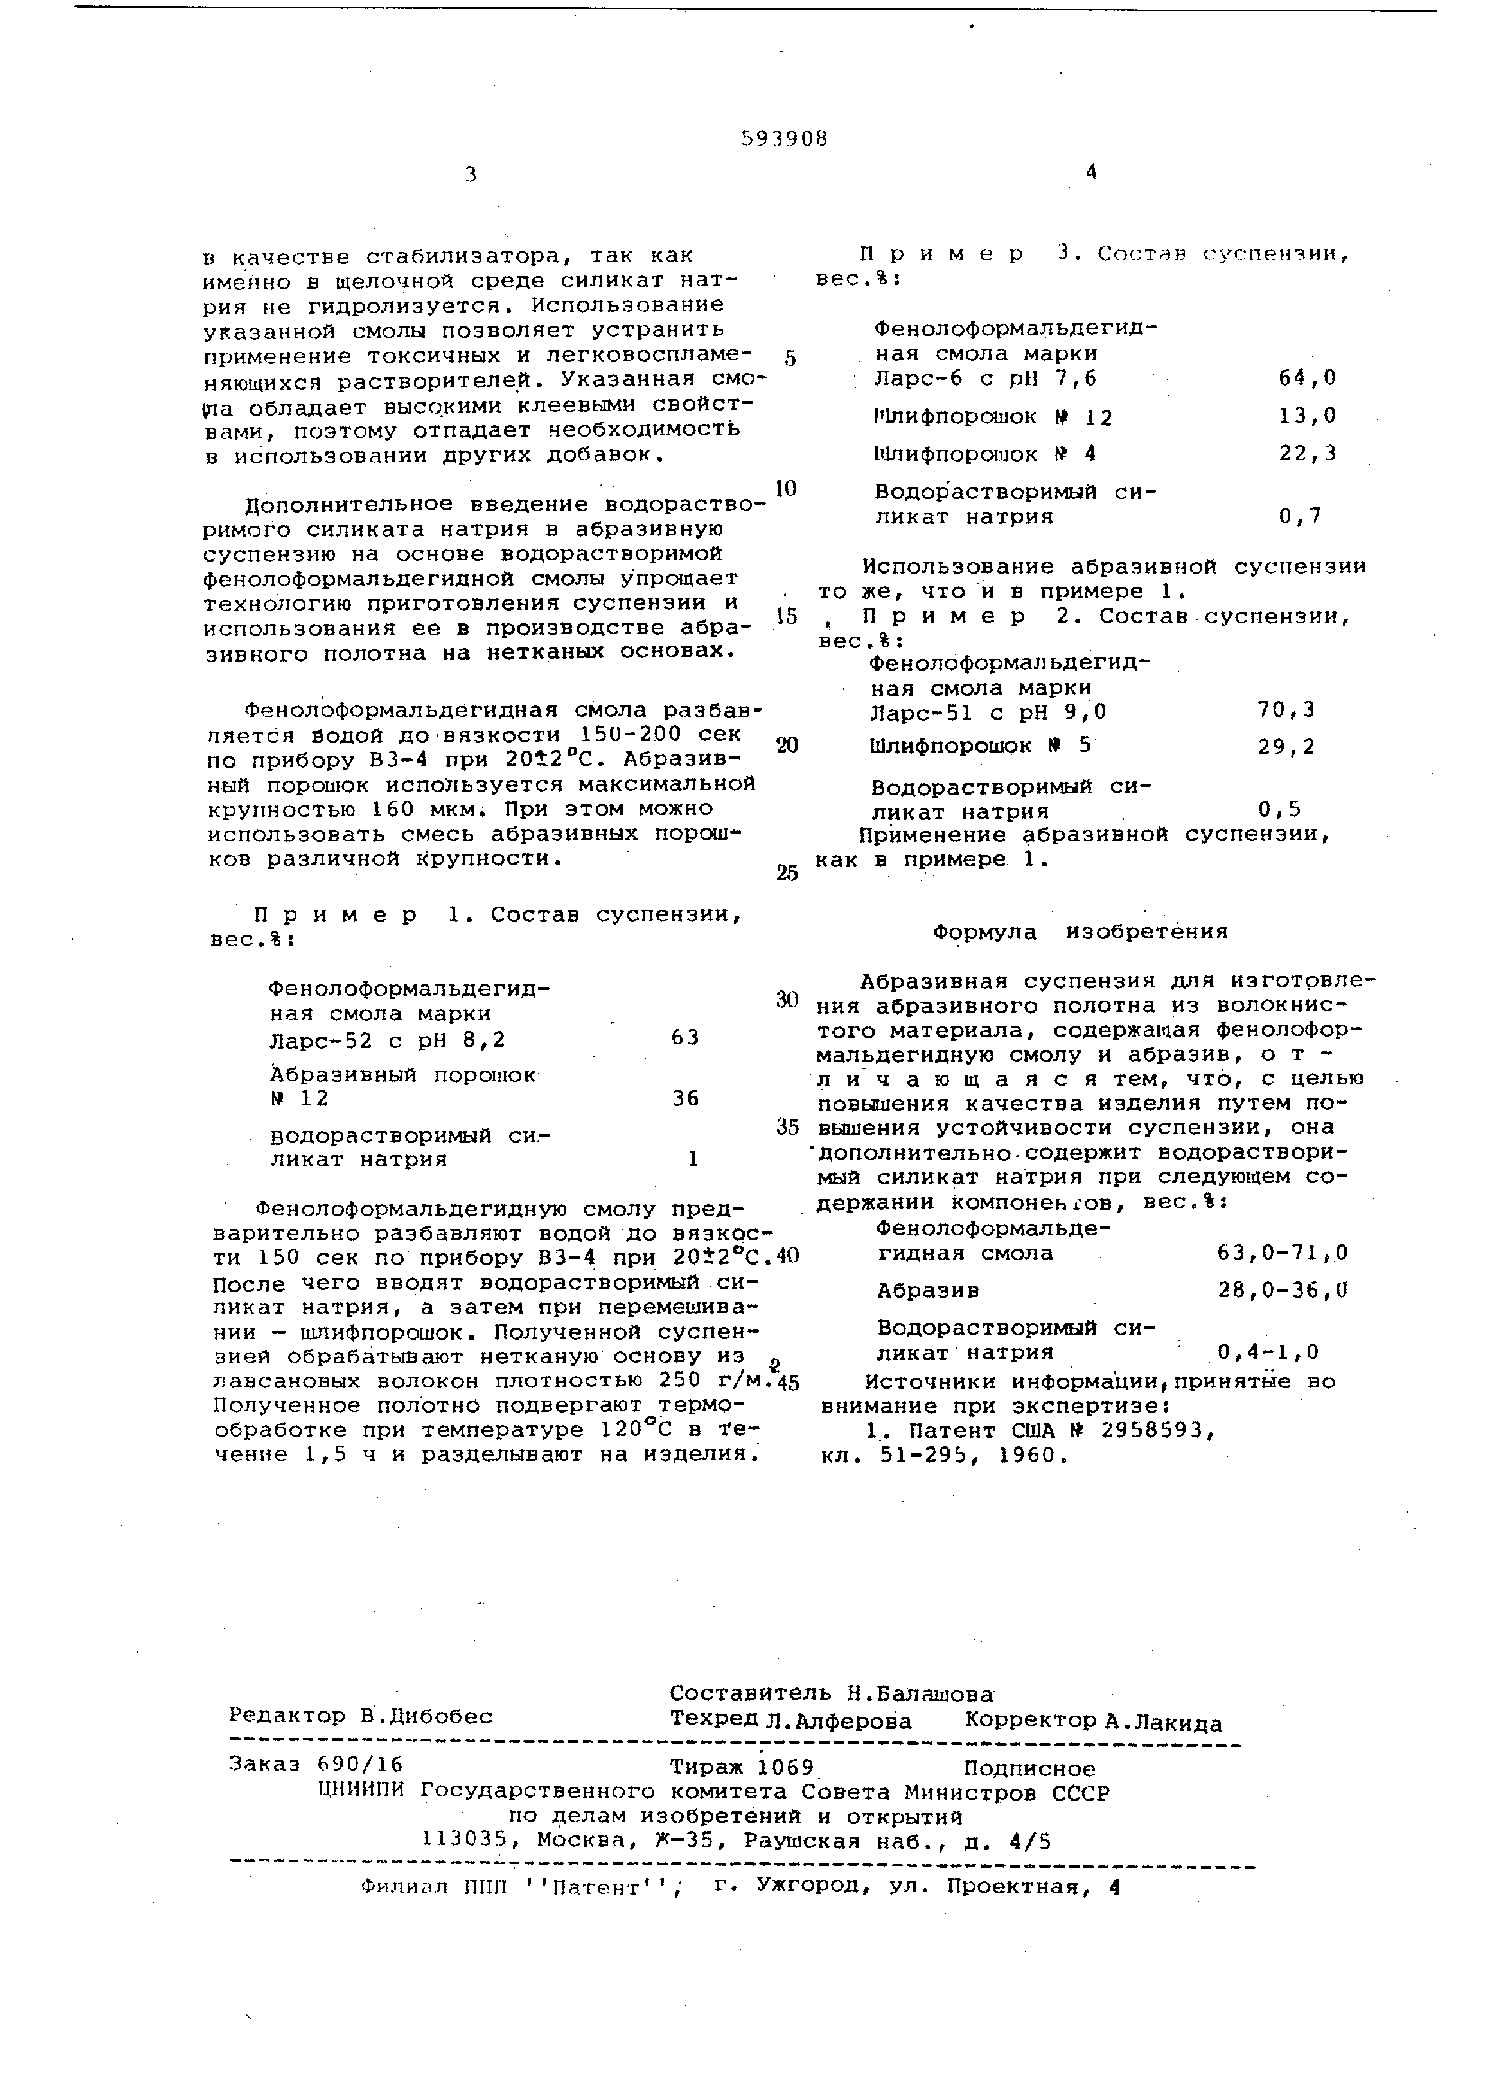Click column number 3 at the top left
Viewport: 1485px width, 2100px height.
pos(470,175)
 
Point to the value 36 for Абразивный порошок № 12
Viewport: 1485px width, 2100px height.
pos(685,1098)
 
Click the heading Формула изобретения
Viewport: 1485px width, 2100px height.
pos(1080,932)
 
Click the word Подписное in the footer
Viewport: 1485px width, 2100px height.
pos(1030,1769)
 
